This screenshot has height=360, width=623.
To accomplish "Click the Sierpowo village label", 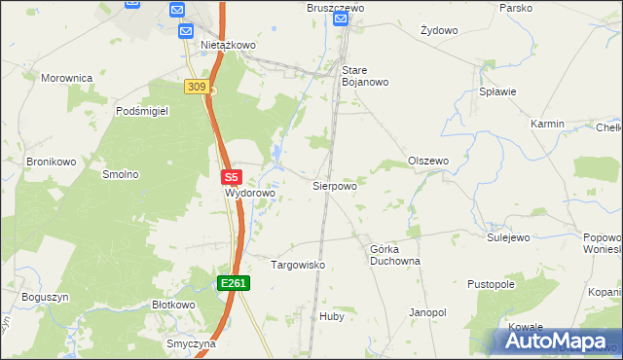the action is coord(334,185).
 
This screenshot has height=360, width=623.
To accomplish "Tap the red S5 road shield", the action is coord(231,178).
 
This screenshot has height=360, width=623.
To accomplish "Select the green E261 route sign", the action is coord(234,283).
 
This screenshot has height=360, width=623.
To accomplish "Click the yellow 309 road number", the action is coord(197,88).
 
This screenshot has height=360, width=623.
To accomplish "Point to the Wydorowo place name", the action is coord(250,194).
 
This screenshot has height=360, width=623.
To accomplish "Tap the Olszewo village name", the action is coord(428,161).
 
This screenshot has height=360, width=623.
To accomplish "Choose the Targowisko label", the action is coord(297,265).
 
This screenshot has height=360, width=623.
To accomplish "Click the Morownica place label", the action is coord(66,77).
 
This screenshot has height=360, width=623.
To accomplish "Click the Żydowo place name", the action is coord(439,30).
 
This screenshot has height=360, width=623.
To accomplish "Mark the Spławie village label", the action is coord(497,91).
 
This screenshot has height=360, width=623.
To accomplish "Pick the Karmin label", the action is coord(548,125).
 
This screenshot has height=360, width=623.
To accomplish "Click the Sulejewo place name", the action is coord(508,236).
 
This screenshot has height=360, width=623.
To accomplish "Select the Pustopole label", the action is coord(490,284).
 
